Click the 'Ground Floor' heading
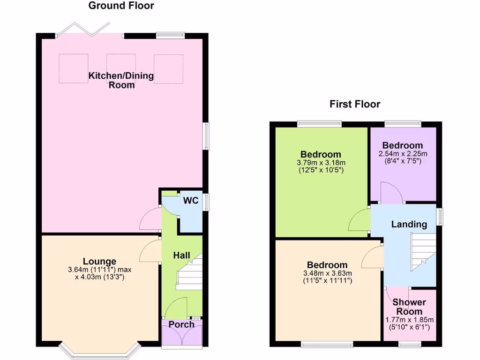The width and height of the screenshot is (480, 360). click(121, 6)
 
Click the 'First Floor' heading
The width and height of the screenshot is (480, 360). click(354, 104)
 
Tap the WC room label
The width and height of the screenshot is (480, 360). click(191, 201)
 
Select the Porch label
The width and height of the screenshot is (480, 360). click(181, 325)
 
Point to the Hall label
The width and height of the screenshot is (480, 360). click(181, 255)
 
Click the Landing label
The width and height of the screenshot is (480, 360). click(409, 225)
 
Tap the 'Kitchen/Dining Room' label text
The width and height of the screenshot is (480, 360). click(121, 80)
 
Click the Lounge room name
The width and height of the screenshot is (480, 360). click(99, 261)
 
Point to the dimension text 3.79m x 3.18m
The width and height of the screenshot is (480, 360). click(321, 163)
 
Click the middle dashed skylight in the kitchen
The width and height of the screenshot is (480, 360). click(121, 68)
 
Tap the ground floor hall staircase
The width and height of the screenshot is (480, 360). click(190, 274)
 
